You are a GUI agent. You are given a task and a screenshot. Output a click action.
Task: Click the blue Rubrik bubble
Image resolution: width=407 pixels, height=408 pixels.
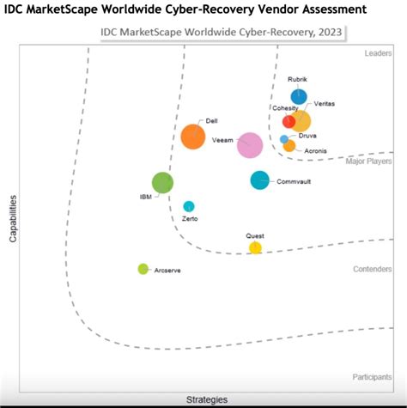[x=298, y=96]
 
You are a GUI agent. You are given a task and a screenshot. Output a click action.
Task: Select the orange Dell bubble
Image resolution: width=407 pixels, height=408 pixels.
[x=193, y=137]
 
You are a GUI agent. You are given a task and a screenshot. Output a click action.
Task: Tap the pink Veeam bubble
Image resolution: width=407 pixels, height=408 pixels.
[x=250, y=146]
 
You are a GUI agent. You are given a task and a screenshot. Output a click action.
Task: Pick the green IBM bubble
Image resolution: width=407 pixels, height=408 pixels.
[x=162, y=182]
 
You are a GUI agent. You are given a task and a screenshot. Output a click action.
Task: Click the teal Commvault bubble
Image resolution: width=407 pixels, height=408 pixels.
[x=259, y=180]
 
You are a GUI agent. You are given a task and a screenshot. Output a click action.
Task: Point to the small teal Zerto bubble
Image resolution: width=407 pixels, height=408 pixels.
[x=189, y=206]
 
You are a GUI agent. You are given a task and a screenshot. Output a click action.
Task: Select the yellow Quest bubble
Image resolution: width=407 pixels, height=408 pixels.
[x=255, y=248]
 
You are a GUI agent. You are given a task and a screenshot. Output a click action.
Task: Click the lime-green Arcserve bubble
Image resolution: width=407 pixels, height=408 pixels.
[x=143, y=269]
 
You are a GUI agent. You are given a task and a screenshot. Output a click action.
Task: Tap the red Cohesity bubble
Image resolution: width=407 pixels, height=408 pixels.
[x=289, y=121]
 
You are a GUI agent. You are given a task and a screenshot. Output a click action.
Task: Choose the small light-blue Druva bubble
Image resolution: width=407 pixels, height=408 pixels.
[x=284, y=139]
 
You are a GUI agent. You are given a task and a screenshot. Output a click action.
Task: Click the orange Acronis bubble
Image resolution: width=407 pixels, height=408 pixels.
[x=289, y=146]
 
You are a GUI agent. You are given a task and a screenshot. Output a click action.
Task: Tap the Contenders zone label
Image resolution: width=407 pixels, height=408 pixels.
[x=373, y=269]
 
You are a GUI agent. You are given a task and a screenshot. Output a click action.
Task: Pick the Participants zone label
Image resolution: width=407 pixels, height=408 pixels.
[x=372, y=377]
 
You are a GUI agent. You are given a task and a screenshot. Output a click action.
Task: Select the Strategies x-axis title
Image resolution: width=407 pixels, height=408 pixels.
[x=207, y=399]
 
